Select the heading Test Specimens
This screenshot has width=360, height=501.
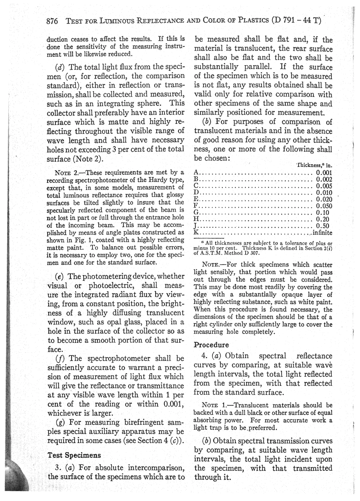tap(74, 455)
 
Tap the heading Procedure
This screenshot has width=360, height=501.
tap(211, 345)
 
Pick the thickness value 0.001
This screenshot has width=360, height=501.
tap(324, 172)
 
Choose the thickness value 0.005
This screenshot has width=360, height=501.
tap(324, 186)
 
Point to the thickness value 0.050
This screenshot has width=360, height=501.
tap(324, 206)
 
